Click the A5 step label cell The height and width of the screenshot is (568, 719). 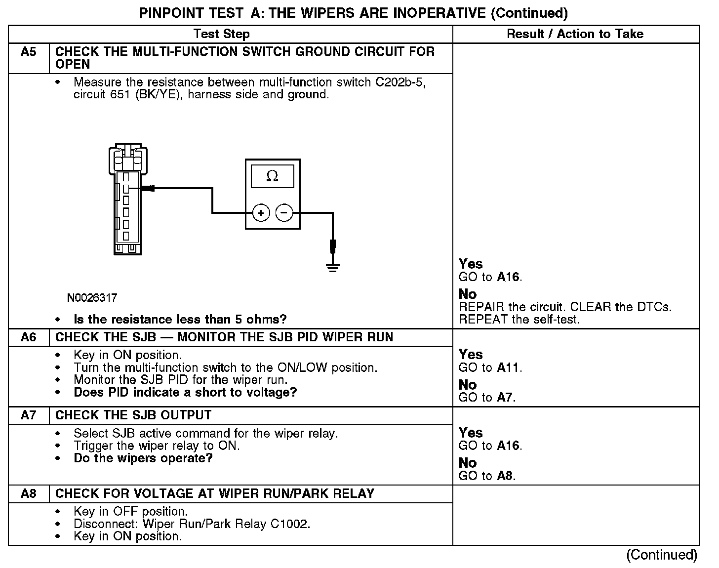29,52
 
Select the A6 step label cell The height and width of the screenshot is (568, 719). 29,337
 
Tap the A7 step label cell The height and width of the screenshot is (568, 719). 29,415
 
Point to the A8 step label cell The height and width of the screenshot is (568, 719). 29,493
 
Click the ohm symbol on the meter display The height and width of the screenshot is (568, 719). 272,176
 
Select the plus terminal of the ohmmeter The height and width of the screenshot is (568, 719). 261,213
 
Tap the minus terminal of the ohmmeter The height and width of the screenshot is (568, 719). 284,213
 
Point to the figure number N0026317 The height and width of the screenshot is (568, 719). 92,298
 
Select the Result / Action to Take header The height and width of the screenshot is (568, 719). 575,34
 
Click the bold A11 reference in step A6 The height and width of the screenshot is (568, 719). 509,367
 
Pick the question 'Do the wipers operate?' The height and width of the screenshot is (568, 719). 143,458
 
